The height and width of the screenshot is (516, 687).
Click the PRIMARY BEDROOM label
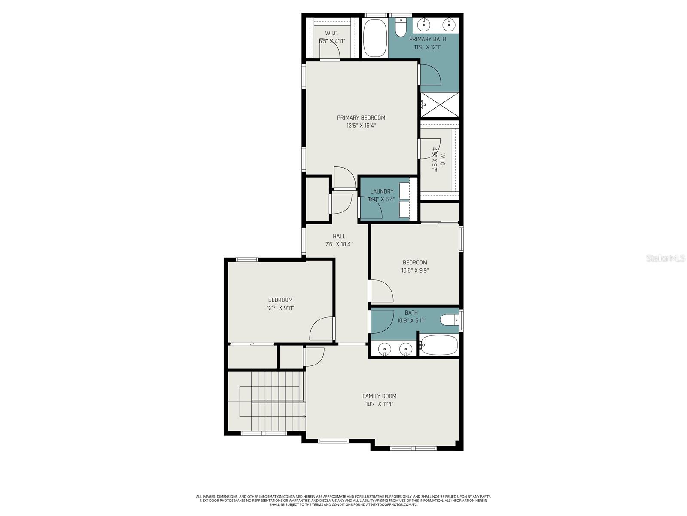coord(361,117)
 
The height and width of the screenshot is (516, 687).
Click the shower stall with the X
coord(440,104)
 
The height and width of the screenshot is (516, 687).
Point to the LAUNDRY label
coord(382,191)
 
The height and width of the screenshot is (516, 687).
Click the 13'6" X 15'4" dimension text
coord(361,126)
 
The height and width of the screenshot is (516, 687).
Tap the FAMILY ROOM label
coord(379,396)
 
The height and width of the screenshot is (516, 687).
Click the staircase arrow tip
coord(304,416)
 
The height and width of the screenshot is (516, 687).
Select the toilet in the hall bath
coord(449,320)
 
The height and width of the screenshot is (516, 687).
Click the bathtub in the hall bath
coord(439,345)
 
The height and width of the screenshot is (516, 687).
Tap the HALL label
coord(339,236)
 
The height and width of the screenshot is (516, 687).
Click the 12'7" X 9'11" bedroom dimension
coord(280,308)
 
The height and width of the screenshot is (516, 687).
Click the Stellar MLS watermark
coord(666,258)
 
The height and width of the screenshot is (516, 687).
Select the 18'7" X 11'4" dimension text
coord(379,404)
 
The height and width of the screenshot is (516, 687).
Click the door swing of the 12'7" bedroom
coord(321,329)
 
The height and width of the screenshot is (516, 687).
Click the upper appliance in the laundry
coord(404,190)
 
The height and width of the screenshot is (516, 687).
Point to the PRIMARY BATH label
coord(427,39)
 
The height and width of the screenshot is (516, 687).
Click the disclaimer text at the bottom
coord(343,501)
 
